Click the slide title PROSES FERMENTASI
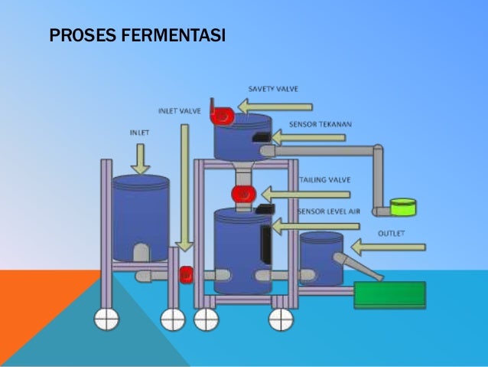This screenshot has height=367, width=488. (x=137, y=36)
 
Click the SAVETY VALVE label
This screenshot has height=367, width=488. (x=273, y=89)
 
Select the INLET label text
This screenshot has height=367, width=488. (x=138, y=132)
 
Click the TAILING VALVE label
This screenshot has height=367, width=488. (x=324, y=179)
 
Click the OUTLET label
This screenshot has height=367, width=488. (x=391, y=231)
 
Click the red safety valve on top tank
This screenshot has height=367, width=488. (x=223, y=115)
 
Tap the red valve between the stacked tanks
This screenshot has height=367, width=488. (x=242, y=194)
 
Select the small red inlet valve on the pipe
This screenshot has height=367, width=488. (x=185, y=274)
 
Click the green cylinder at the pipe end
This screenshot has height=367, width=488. (x=402, y=206)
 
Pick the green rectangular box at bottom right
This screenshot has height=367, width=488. (x=389, y=295)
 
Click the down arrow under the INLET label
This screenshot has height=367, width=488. (x=140, y=157)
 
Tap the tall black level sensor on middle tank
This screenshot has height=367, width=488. (x=265, y=244)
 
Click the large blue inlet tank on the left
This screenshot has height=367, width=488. (x=141, y=218)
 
